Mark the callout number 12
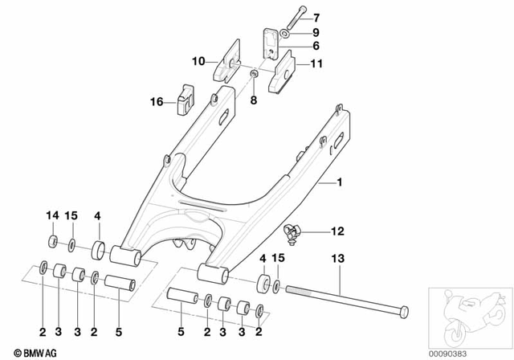339,231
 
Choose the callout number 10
198,60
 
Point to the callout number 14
52,215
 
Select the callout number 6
315,47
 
